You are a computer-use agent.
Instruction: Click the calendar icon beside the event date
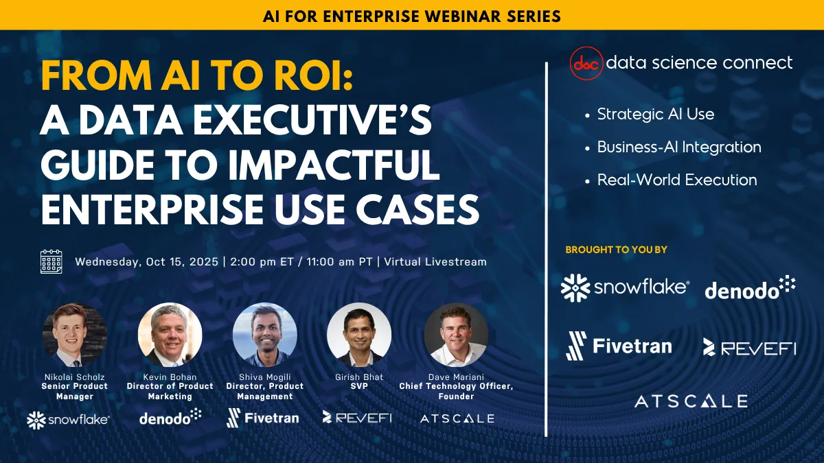click(x=51, y=261)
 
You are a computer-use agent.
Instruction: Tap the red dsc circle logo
click(x=586, y=63)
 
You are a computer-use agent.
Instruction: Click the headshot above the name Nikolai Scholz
click(x=75, y=335)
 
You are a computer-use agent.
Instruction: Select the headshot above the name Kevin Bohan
click(x=170, y=335)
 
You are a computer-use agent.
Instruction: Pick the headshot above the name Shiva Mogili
click(x=265, y=335)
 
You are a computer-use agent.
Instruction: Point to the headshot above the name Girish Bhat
click(x=359, y=335)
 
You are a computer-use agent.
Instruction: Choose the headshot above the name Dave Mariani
click(x=456, y=335)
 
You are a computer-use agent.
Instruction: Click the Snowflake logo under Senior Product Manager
click(x=69, y=420)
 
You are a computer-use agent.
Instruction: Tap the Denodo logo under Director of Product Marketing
click(x=170, y=417)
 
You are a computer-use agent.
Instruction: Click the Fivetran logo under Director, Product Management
click(x=262, y=418)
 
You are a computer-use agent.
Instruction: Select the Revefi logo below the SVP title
click(x=357, y=418)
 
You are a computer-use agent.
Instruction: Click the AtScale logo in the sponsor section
click(x=691, y=401)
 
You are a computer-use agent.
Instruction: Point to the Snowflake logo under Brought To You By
click(x=625, y=287)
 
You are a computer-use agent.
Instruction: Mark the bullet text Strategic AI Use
click(x=656, y=115)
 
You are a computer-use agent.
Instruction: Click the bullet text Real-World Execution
click(x=677, y=180)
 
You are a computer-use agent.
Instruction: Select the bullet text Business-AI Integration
click(x=679, y=147)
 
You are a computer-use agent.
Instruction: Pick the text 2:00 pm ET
click(x=262, y=261)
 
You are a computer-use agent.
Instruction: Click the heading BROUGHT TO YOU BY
click(x=616, y=250)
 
